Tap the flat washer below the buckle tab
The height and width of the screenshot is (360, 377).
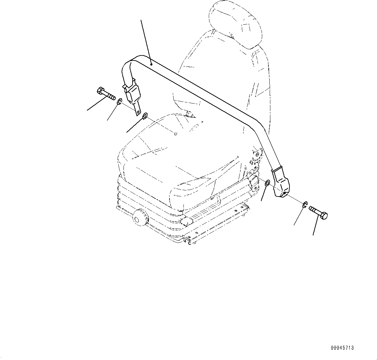tap(145, 115)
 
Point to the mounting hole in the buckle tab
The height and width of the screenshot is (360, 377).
tap(138, 112)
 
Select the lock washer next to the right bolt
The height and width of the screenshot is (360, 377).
tap(305, 204)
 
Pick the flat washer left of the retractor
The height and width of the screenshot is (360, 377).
tap(267, 184)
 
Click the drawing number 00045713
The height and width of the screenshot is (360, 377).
tap(342, 348)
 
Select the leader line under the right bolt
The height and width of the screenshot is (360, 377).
tap(315, 227)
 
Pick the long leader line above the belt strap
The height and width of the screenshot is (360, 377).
tap(146, 39)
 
